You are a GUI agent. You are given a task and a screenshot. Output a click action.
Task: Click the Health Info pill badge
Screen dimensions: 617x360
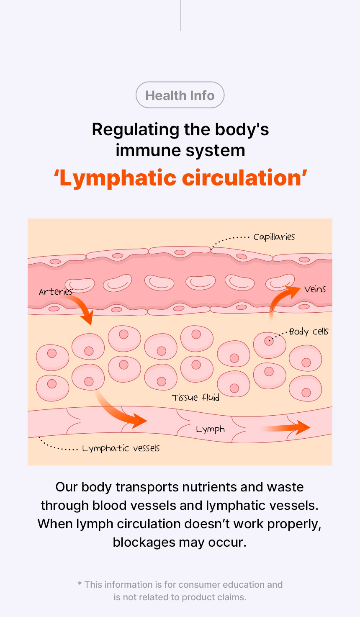[180, 95]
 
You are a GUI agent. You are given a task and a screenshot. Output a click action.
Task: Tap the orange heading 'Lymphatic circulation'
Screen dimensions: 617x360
[180, 178]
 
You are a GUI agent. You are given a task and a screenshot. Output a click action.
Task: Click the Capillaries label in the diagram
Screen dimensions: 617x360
[274, 237]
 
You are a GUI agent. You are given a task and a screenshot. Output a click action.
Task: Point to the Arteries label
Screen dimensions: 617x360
[55, 292]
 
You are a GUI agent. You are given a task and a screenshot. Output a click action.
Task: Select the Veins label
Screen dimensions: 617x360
[315, 289]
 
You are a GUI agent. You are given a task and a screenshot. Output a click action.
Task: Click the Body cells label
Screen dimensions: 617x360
[309, 332]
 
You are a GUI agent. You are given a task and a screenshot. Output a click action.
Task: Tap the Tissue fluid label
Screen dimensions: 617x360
[195, 397]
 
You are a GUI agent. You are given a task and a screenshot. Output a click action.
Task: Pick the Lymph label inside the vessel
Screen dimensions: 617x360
[210, 429]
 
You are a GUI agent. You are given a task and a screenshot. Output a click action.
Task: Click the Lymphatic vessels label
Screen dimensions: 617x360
[121, 448]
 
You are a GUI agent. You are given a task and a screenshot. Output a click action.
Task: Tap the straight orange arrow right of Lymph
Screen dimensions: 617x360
[287, 427]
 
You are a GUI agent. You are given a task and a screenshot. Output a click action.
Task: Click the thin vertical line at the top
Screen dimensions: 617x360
[180, 15]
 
